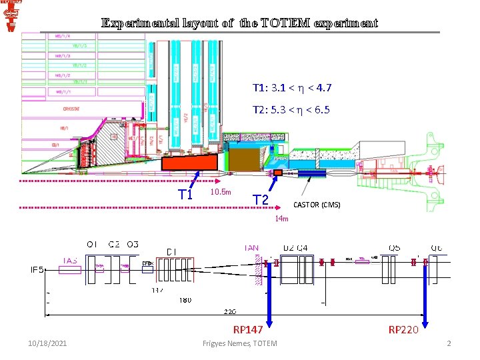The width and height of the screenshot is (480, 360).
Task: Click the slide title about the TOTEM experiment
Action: pos(239,23)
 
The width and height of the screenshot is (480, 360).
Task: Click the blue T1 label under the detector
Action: pos(185,195)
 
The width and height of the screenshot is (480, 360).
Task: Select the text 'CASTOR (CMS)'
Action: pos(317,205)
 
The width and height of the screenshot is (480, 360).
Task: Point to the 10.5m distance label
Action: pos(220,193)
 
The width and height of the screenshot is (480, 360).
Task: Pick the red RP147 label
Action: pos(248,329)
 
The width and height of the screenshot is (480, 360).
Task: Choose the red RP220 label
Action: pos(403,329)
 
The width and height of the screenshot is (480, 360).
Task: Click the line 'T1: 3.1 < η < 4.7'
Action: pos(292,87)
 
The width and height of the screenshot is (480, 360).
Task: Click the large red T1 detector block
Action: pos(189,162)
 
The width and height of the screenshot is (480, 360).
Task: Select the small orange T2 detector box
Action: pos(277,173)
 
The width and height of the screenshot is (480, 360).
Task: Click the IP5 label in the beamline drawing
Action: pos(37,270)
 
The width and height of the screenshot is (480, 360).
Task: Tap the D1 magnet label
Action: pos(172,252)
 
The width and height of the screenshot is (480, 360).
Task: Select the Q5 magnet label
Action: pos(395,248)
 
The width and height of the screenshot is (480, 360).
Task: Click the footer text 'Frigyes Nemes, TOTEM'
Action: pos(239,343)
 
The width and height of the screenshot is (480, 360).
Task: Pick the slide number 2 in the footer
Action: pos(449,343)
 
